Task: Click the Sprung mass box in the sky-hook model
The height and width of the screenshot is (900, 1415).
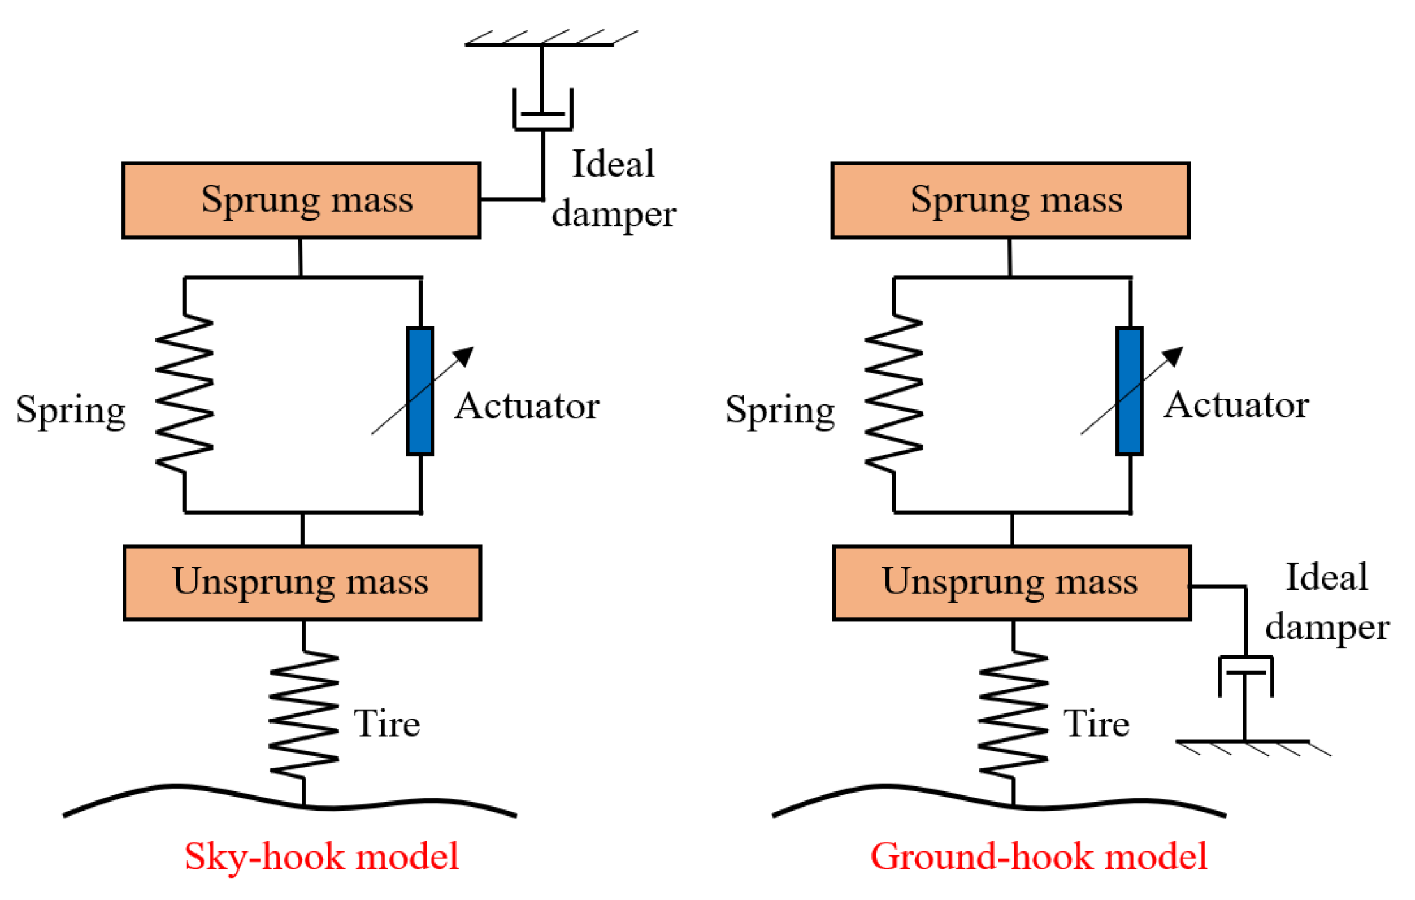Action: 301,200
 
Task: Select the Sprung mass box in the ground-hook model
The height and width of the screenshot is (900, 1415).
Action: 1010,200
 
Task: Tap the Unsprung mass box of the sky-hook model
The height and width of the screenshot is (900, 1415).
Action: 302,582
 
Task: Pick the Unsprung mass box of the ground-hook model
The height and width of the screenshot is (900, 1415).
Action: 1011,582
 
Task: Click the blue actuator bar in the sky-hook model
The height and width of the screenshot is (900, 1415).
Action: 420,391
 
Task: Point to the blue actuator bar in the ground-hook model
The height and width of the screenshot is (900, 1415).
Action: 1129,391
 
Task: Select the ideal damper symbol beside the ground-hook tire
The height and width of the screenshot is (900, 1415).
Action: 1245,676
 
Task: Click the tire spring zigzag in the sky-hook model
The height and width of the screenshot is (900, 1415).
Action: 303,714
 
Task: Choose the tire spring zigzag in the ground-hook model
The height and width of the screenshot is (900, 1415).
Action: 1013,714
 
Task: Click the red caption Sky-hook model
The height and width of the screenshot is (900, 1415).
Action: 321,856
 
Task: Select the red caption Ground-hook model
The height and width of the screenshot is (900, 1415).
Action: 1038,856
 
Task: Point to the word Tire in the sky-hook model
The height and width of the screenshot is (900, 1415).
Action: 386,724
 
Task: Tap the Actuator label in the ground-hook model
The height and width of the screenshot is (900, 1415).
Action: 1236,405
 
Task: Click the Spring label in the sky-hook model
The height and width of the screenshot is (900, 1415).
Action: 71,409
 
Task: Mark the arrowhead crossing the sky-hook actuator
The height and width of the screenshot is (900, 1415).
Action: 465,355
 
